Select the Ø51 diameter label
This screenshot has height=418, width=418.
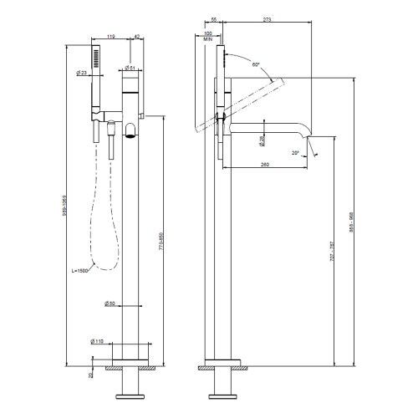click(131, 68)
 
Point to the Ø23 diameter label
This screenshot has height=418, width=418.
click(82, 74)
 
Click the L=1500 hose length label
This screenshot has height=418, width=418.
click(82, 271)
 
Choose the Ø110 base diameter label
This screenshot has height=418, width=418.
click(98, 341)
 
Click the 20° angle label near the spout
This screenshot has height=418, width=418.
click(294, 152)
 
